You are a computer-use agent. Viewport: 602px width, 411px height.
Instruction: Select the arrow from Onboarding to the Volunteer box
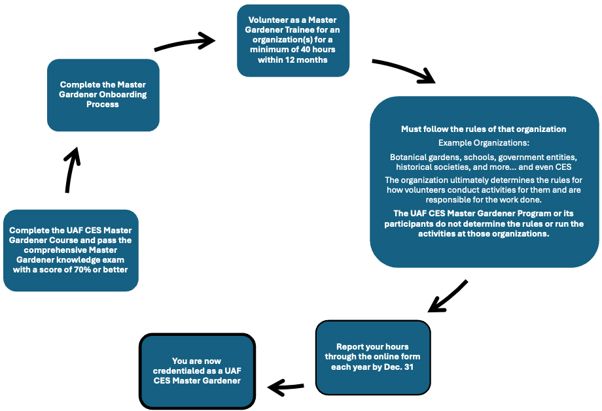click(x=185, y=44)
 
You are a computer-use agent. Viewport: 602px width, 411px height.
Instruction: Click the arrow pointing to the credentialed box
click(x=287, y=388)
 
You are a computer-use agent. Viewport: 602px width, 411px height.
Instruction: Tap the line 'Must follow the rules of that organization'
click(x=484, y=129)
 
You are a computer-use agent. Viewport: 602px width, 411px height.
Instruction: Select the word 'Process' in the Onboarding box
click(x=103, y=105)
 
